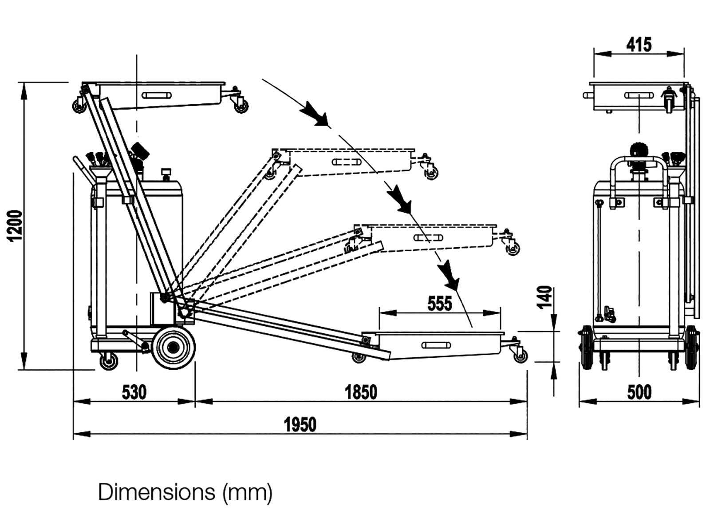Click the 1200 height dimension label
16,225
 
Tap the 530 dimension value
134,392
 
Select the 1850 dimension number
361,392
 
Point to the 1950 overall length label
300,425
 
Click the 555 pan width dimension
439,304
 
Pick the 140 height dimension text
545,297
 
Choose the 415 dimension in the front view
639,44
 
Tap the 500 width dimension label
639,392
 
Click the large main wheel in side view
174,348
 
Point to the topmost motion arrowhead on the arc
316,116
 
